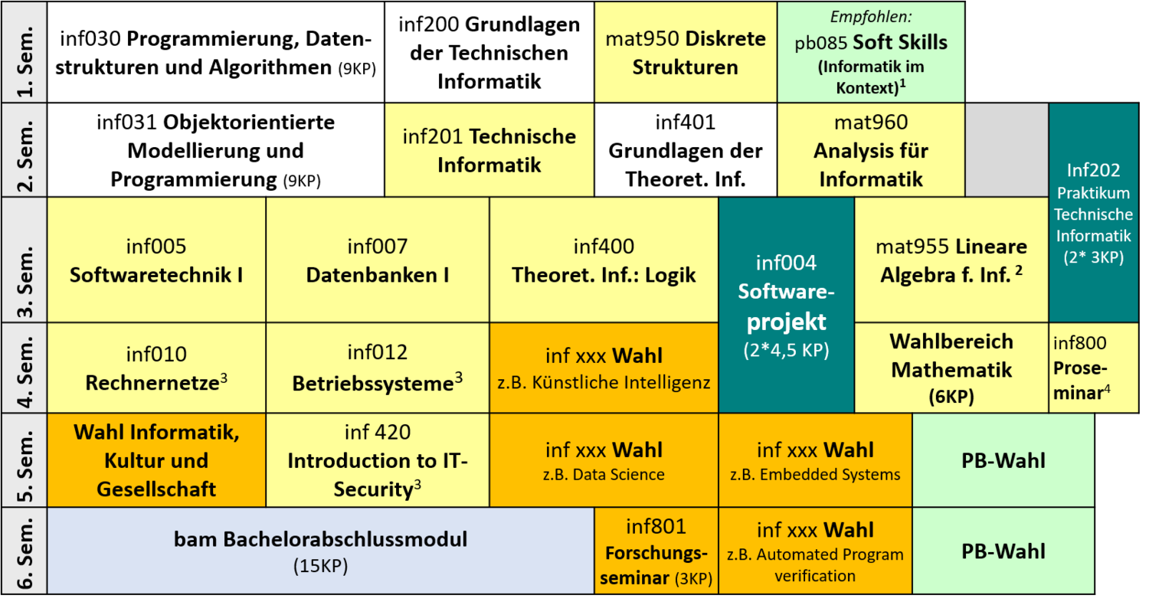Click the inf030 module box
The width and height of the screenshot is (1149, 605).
tap(216, 52)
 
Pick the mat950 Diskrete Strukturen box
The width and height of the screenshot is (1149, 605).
tap(686, 52)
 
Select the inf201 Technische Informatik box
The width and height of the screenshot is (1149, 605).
tap(489, 149)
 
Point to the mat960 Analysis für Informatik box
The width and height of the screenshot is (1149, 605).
tap(871, 149)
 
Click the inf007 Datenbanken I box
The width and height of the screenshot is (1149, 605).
tap(378, 260)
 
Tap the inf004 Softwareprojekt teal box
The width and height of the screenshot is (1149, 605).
tap(787, 305)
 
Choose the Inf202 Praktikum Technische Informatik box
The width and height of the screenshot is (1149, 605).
tap(1094, 212)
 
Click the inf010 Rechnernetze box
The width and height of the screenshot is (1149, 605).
tap(156, 368)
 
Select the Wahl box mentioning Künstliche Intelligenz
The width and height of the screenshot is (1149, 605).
tap(604, 368)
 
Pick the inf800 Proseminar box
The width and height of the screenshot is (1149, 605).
tap(1094, 368)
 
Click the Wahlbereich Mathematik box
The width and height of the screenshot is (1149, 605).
tap(951, 368)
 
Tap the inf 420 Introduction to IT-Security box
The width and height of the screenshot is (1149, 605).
tap(378, 460)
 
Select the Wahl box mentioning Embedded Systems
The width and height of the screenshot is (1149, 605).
tap(815, 460)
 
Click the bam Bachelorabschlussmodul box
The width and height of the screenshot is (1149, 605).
tap(321, 551)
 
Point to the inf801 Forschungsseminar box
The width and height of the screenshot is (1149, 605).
tap(656, 551)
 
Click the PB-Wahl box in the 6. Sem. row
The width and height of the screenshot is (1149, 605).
tap(1003, 551)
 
